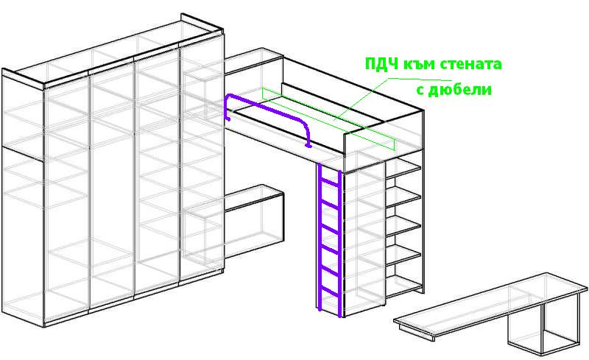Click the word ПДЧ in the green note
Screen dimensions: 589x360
click(381, 64)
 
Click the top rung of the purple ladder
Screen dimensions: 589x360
click(330, 182)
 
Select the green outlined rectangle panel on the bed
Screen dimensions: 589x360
click(328, 119)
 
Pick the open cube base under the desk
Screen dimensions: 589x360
click(543, 330)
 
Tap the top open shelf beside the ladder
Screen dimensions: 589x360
click(403, 170)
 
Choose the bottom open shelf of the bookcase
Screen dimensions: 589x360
click(404, 285)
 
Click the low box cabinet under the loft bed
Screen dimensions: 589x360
click(253, 222)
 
